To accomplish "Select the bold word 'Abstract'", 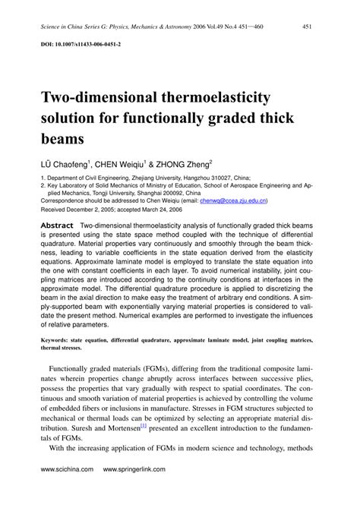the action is tap(57, 226).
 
